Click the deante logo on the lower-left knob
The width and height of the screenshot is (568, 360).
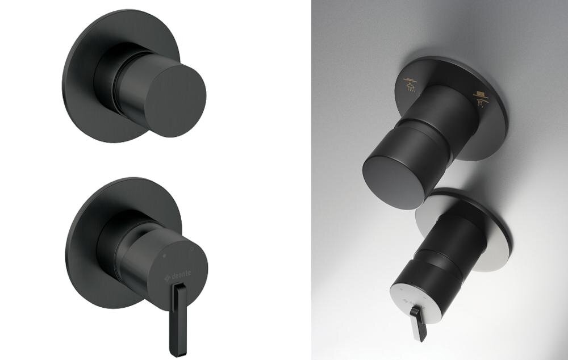(177, 274)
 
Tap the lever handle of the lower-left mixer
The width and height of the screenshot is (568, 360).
(178, 319)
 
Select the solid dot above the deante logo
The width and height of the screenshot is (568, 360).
(165, 256)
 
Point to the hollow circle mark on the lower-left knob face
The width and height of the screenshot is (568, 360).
(191, 249)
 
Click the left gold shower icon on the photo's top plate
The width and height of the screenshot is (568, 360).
(410, 85)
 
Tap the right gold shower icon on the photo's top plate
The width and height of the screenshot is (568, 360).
(481, 99)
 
